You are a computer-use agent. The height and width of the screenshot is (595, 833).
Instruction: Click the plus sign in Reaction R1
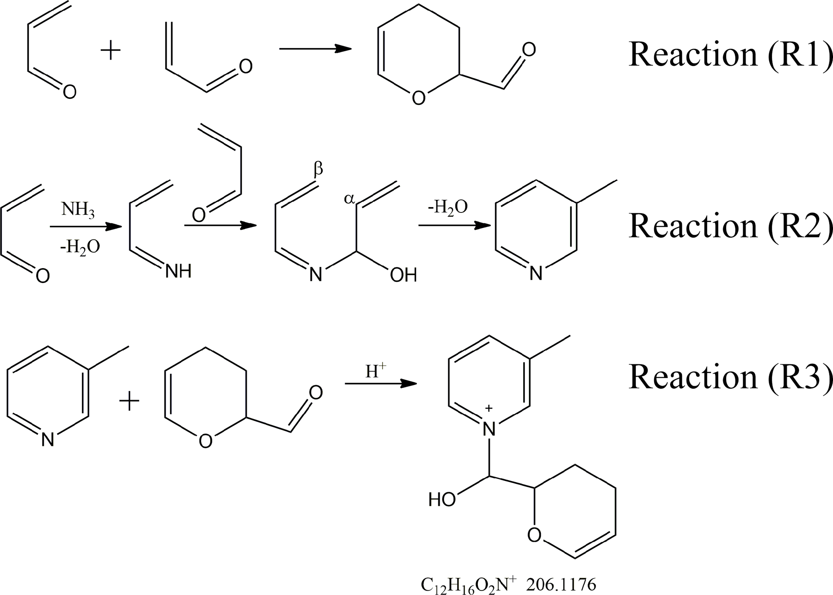pos(110,52)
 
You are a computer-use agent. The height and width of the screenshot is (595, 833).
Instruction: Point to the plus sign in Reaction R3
pos(129,402)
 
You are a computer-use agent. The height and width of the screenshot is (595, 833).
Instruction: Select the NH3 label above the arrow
pos(78,210)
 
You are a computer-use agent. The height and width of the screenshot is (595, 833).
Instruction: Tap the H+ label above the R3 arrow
pos(376,371)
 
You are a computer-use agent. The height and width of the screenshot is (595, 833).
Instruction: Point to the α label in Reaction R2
pos(349,198)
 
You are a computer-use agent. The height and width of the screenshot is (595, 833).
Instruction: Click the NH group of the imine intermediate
pos(178,272)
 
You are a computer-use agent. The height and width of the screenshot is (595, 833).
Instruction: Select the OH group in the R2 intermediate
pos(403,275)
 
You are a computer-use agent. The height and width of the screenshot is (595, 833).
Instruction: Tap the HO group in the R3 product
pos(442,500)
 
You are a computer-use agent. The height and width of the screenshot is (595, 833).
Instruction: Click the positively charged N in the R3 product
pos(489,429)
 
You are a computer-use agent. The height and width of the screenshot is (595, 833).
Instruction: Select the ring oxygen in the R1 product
pos(419,98)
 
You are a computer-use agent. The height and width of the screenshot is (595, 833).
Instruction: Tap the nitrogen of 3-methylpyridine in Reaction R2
pos(536,274)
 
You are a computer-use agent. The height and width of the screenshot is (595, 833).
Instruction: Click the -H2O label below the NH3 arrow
pos(80,246)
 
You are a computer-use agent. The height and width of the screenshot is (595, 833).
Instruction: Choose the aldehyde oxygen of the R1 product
pos(529,50)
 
